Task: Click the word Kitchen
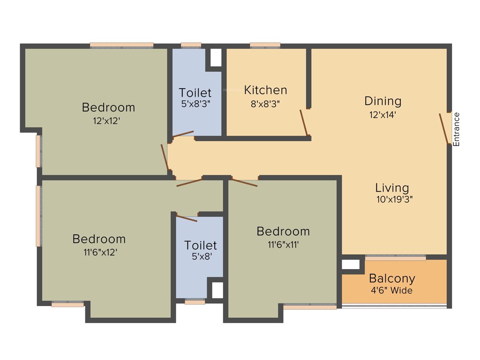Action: pos(265,90)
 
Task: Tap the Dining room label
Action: pos(383,101)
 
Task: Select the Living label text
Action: pos(392,188)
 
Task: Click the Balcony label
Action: pos(392,278)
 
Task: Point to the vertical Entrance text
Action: pos(457,129)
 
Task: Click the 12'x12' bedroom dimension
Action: pos(108,120)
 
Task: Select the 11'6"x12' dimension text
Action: pos(99,252)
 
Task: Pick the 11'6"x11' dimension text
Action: pos(283,244)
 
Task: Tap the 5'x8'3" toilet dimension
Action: pos(195,104)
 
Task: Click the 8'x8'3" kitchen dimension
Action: pos(265,104)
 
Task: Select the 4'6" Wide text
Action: pos(392,291)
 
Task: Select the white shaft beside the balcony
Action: pos(350,264)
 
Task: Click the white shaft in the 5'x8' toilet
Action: pos(217,291)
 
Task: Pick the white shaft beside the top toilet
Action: pos(216,57)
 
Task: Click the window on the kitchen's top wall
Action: pos(265,45)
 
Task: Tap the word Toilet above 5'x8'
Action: pos(201,245)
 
